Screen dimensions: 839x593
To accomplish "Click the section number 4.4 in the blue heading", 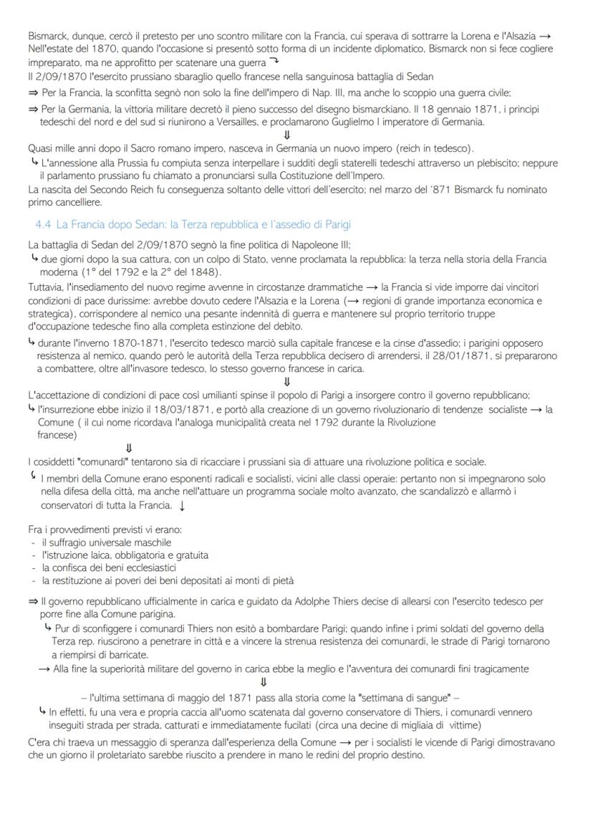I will (44, 225).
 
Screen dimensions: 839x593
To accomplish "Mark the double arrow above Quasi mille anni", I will (287, 135).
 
